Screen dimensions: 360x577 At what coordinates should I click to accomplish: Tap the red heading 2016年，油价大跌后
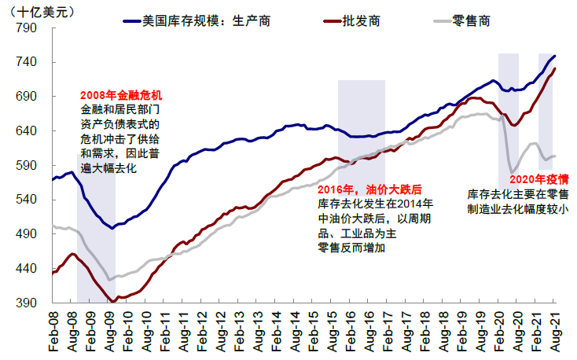pos(369,189)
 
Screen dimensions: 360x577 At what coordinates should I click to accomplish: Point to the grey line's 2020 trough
pos(513,173)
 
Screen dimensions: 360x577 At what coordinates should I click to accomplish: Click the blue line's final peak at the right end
pos(555,56)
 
